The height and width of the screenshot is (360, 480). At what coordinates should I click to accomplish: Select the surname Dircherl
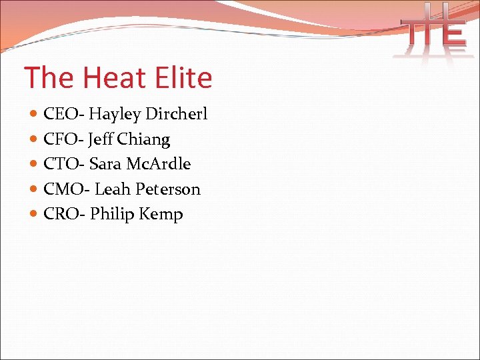pyautogui.click(x=177, y=115)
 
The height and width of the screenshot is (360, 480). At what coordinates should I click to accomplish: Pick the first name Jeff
pyautogui.click(x=101, y=139)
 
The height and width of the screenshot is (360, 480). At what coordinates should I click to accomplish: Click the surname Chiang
pyautogui.click(x=144, y=139)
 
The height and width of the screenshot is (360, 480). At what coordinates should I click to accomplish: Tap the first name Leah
pyautogui.click(x=113, y=189)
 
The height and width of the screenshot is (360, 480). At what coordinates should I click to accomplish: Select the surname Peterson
pyautogui.click(x=168, y=189)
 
